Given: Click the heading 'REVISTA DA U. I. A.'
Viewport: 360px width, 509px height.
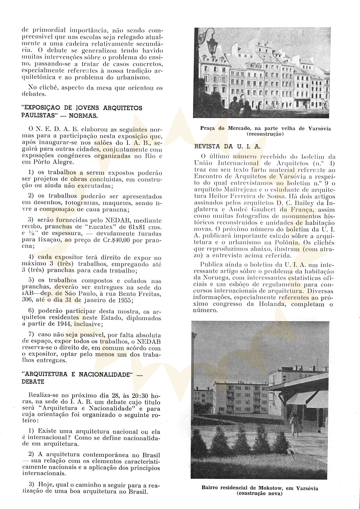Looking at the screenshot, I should click(227, 147).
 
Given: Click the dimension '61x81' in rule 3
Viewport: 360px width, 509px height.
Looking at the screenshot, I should click(136, 227).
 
